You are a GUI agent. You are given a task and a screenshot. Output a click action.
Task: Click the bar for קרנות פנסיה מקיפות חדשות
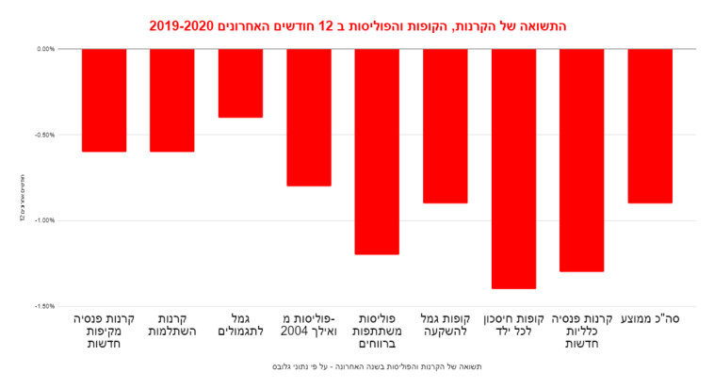point(104,100)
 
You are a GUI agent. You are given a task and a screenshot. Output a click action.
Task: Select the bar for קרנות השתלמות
point(171,100)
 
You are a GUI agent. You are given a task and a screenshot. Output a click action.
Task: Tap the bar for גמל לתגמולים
point(240,83)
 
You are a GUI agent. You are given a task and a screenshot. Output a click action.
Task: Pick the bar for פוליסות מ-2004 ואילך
point(308,117)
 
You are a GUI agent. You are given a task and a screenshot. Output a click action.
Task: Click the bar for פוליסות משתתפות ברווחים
point(377,151)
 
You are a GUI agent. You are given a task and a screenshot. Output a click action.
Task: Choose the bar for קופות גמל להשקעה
point(445,125)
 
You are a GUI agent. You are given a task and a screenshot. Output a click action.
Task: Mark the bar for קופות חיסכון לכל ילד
point(513,169)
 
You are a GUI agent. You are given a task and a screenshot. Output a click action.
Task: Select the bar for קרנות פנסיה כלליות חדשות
point(581,160)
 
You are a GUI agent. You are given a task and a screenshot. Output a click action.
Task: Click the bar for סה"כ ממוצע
point(650,125)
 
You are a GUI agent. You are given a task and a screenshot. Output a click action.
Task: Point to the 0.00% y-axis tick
point(44,49)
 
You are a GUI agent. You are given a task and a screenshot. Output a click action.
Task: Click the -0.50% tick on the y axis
point(43,135)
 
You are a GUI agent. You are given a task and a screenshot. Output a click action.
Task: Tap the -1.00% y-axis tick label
point(43,220)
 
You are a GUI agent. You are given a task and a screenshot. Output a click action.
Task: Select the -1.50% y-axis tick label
point(43,306)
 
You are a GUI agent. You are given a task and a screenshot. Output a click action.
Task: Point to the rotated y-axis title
point(22,197)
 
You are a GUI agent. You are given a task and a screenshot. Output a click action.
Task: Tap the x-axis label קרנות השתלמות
point(171,325)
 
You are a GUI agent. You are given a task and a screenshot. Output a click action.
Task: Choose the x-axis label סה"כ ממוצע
point(650,319)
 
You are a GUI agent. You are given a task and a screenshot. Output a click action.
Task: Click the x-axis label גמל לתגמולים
point(240,325)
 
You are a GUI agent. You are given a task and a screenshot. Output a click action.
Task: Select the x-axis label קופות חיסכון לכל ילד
point(513,325)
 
